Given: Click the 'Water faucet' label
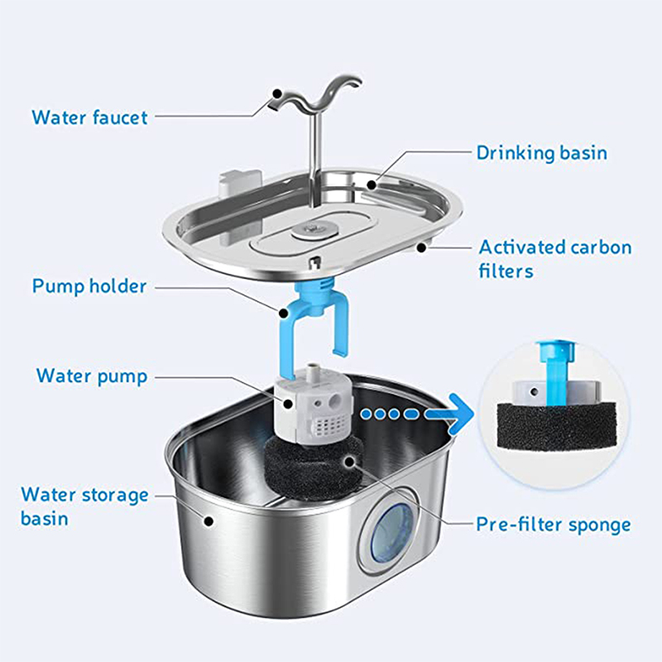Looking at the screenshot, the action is pos(89,118).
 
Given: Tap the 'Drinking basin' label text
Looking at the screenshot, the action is pos(542,153).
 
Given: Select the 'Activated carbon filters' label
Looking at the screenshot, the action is pos(554,259).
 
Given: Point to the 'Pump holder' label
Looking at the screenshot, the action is pos(89,286).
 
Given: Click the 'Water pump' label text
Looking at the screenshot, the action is pos(92,377).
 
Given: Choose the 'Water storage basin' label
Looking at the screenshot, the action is pos(84,506).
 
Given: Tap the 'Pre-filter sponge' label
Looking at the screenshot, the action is pos(554,525).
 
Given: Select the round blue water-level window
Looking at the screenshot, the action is pos(391,533).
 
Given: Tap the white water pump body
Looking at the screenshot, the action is pos(313,407).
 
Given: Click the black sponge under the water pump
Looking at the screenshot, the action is pos(314,468).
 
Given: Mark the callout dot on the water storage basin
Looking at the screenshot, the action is pos(209,521).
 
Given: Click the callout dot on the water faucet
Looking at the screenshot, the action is pos(277,94).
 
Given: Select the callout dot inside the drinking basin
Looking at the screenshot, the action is pos(372,185).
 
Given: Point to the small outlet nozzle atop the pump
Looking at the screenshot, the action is pos(313,369).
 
